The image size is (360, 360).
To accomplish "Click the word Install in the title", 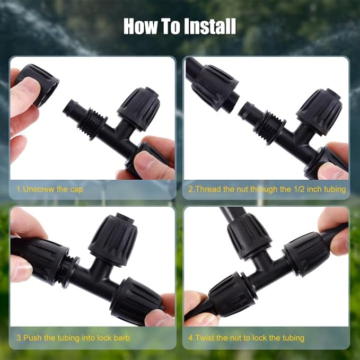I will click(x=209, y=26).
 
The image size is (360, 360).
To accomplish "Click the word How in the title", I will click(x=141, y=26).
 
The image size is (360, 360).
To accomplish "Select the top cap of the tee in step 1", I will click(x=138, y=109).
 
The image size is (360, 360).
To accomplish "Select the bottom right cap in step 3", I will click(x=135, y=300).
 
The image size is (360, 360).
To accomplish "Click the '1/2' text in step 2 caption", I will click(x=293, y=189).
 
